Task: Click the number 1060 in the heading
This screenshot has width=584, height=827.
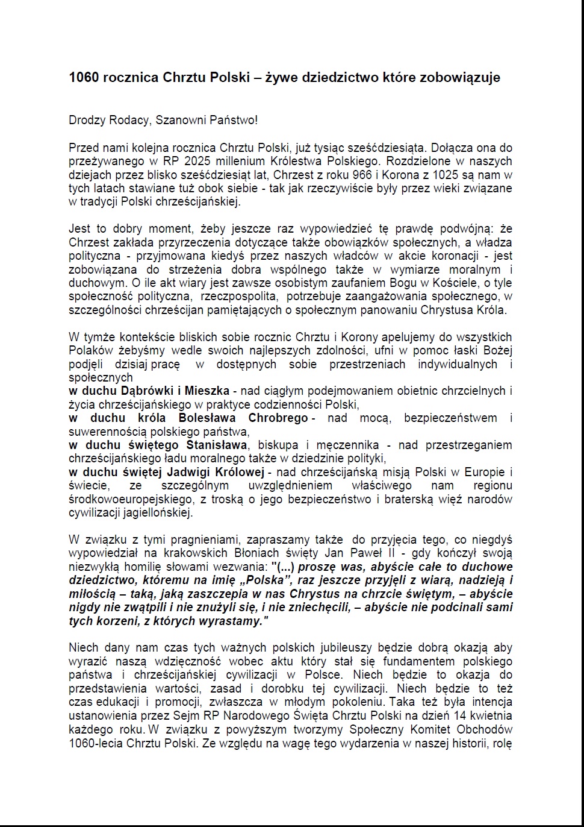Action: click(83, 78)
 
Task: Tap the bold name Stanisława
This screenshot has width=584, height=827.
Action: click(216, 445)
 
